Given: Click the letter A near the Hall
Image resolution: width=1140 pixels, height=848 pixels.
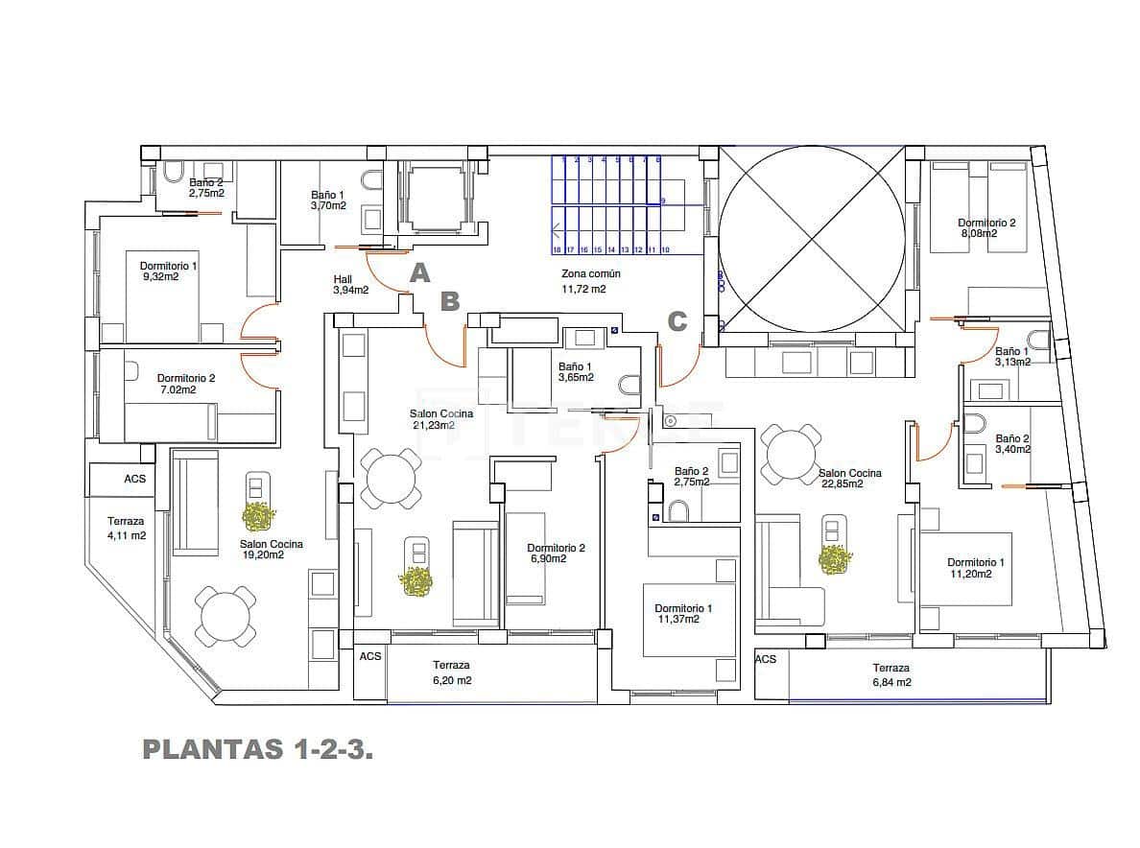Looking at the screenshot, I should pyautogui.click(x=418, y=273).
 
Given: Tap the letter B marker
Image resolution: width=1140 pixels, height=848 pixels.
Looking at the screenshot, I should pyautogui.click(x=449, y=302).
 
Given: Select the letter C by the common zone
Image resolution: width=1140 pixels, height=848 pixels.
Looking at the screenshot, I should pyautogui.click(x=677, y=321).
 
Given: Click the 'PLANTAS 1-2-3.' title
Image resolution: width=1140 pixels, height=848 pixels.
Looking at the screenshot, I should pyautogui.click(x=257, y=749).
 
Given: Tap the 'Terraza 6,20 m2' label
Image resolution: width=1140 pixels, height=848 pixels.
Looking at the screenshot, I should pyautogui.click(x=451, y=672).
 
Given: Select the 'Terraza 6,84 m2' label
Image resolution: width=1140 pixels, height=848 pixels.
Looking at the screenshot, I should pyautogui.click(x=891, y=674).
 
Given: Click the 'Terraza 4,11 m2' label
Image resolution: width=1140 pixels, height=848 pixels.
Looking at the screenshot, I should pyautogui.click(x=126, y=529).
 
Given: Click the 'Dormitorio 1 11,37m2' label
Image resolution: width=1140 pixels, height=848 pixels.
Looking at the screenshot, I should pyautogui.click(x=683, y=614).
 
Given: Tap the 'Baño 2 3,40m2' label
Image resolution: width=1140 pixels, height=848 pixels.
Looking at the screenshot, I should pyautogui.click(x=1012, y=442).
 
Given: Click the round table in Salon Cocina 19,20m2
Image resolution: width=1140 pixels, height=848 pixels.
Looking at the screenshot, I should pyautogui.click(x=226, y=615).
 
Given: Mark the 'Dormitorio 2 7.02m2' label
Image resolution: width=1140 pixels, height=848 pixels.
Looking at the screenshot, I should pyautogui.click(x=186, y=384).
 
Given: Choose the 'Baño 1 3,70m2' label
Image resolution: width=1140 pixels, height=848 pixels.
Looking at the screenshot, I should pyautogui.click(x=327, y=199).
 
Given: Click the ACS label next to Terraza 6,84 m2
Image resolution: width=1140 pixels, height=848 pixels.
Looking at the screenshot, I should pyautogui.click(x=766, y=659).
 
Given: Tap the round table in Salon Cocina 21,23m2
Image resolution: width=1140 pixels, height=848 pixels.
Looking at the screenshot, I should pyautogui.click(x=391, y=477).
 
